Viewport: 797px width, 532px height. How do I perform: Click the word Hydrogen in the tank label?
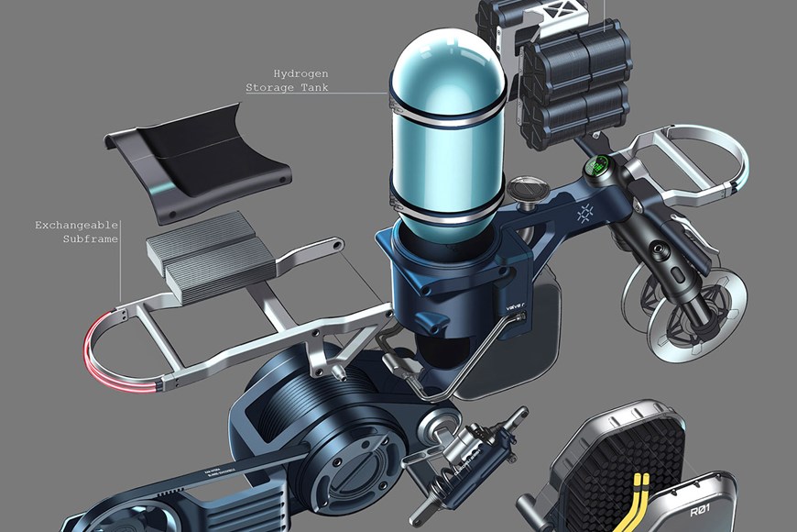[300, 72]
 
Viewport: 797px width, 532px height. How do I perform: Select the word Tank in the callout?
[312, 88]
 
